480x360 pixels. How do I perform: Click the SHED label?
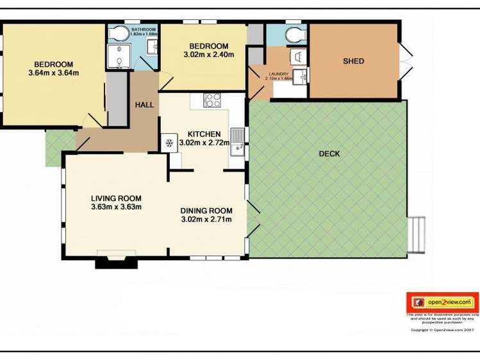tap(353, 61)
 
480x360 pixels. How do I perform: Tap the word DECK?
tap(329, 154)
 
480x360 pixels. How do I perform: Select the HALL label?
tap(144, 104)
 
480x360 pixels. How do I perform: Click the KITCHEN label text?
tap(204, 133)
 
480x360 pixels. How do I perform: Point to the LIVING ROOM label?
tap(116, 198)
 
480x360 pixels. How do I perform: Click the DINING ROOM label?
tap(206, 211)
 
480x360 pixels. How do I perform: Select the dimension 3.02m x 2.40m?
tap(209, 54)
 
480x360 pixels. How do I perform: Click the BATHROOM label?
tap(144, 29)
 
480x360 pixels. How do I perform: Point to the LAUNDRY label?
tap(279, 74)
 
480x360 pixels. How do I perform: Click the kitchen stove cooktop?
tap(212, 100)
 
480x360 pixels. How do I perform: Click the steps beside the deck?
tap(417, 234)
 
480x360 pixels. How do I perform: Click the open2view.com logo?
tap(442, 302)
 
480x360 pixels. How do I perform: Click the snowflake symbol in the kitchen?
tap(170, 143)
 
